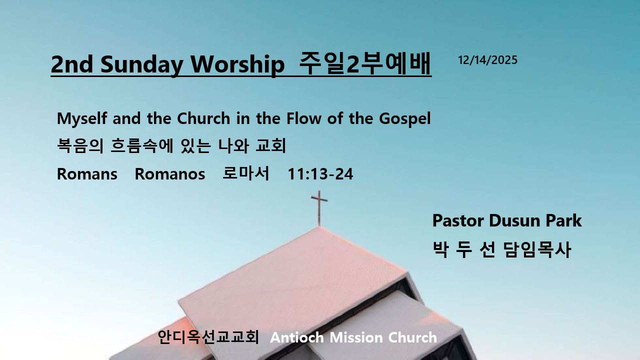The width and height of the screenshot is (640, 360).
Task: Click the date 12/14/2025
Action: [x=487, y=60]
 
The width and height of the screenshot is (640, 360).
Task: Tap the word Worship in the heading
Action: [x=237, y=64]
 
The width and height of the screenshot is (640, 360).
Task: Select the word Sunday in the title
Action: [x=141, y=64]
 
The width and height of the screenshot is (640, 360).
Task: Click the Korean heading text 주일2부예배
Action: [x=365, y=63]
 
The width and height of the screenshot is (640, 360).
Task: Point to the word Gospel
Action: [x=404, y=118]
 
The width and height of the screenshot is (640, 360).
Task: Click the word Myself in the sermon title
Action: [x=82, y=118]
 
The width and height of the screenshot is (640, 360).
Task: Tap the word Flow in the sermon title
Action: [x=303, y=118]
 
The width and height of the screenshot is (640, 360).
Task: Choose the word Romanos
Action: [x=169, y=174]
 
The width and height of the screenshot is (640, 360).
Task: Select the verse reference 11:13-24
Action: [x=320, y=174]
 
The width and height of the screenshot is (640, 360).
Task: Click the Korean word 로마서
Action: [x=245, y=173]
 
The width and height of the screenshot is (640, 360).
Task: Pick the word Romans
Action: [x=87, y=174]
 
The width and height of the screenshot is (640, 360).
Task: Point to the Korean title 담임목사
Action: [x=537, y=249]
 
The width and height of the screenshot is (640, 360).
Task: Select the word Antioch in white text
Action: [x=297, y=337]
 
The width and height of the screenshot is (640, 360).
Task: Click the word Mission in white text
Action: [x=356, y=337]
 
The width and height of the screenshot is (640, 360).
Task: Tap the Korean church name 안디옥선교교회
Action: [x=208, y=337]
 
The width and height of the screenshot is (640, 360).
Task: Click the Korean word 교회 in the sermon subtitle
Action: [x=270, y=145]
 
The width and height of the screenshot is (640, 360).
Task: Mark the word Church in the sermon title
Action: [x=203, y=118]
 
